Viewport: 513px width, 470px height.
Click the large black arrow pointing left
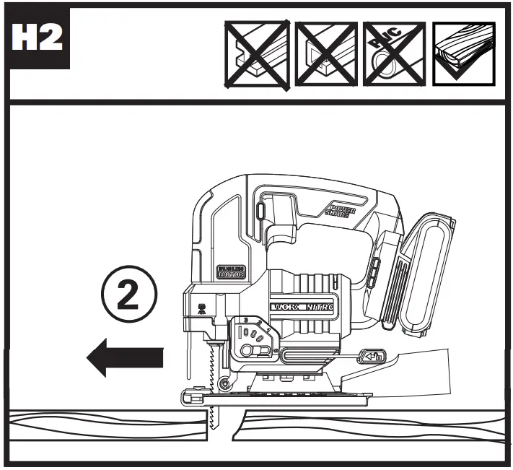125,357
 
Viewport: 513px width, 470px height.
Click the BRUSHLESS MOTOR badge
232,271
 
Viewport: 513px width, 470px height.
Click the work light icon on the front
200,305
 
